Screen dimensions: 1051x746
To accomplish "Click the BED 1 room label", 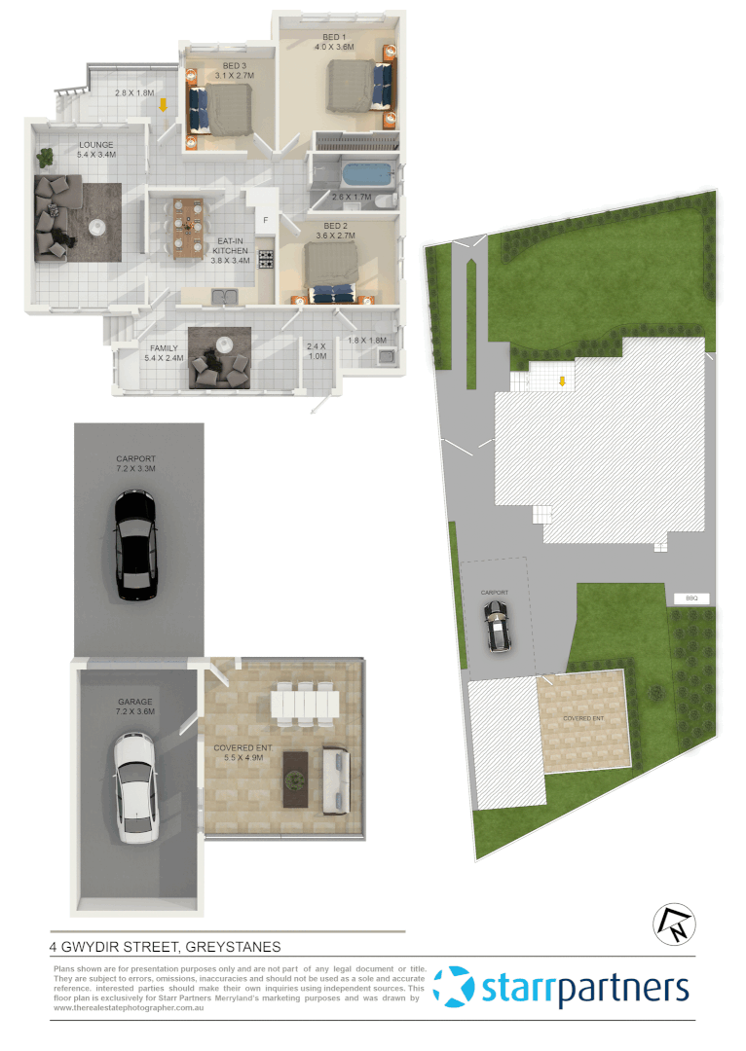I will tap(334, 38).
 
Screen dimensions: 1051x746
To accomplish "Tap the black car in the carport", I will tap(134, 545).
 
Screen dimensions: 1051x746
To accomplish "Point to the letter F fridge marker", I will tap(265, 220).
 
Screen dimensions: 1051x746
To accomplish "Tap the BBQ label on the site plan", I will tap(691, 598).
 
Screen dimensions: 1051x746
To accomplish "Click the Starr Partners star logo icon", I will tap(454, 987).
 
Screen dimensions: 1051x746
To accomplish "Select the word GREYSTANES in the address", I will tap(233, 946).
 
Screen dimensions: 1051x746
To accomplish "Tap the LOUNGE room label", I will tap(96, 146).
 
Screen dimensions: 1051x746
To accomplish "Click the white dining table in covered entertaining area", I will tap(304, 704).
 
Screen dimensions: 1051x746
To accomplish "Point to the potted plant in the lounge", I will tap(45, 155).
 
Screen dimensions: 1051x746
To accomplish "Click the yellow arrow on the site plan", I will tap(561, 381).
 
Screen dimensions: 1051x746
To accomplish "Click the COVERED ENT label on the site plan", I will tap(583, 719).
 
